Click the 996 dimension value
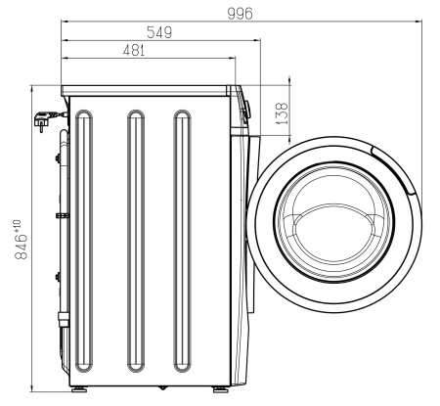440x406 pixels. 240,14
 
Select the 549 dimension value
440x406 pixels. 159,32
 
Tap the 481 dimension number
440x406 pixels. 134,51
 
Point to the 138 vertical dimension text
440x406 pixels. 283,113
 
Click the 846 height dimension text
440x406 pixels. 22,246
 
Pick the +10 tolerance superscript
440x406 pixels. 18,225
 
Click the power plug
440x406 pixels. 45,119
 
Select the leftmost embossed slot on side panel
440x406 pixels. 84,241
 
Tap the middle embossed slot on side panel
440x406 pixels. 136,241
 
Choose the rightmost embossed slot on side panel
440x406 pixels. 182,241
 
